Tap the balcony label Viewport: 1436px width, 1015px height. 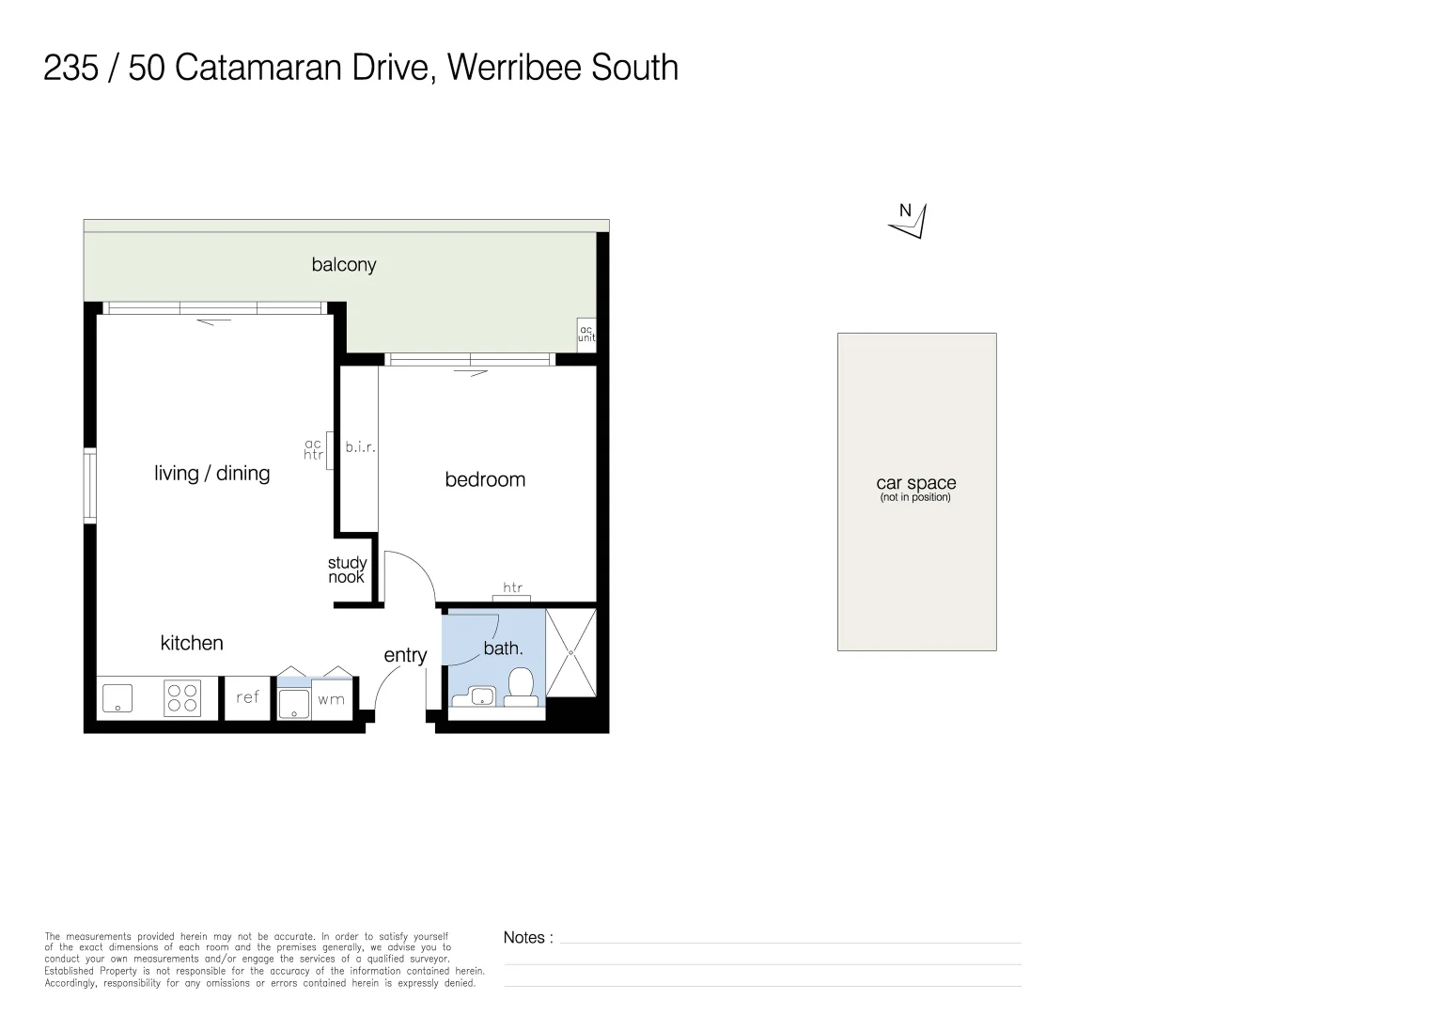[344, 265]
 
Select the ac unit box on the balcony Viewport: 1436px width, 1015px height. [586, 334]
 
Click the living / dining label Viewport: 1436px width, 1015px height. [212, 474]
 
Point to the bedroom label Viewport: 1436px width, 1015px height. [485, 479]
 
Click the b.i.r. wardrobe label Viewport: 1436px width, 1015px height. [360, 447]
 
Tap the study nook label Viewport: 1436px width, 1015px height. [347, 570]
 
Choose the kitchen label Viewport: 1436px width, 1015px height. [192, 644]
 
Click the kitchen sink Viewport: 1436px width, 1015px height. [117, 698]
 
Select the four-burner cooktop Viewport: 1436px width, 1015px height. [183, 698]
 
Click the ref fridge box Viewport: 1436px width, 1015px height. [248, 697]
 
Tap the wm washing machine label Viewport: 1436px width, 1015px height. [331, 699]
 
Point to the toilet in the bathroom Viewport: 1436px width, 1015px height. [521, 685]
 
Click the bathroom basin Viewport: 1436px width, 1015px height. [482, 696]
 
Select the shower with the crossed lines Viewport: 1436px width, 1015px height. [570, 653]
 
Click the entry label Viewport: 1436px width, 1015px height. [405, 656]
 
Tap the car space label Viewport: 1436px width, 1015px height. [916, 484]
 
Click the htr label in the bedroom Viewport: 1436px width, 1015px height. [513, 588]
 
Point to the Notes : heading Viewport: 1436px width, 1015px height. [528, 938]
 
